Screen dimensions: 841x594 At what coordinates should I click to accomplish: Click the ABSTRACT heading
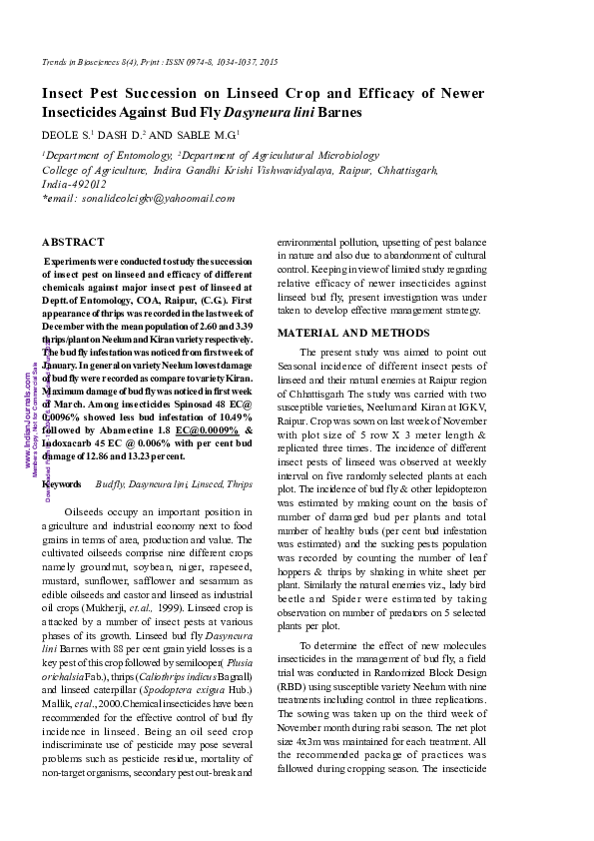click(x=73, y=242)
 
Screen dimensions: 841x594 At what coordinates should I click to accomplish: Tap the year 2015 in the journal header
click(x=266, y=63)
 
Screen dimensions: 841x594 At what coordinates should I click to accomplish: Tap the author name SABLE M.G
click(x=212, y=134)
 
